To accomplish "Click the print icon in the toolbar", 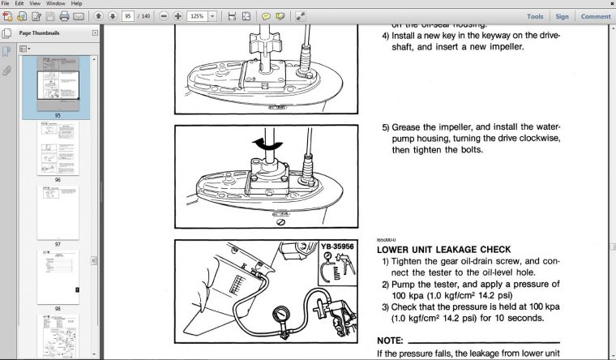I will coord(64,16).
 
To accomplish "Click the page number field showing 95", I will coord(128,16).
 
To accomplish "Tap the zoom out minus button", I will coord(165,16).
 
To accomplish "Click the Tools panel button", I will coord(535,16).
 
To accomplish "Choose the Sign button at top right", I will coord(561,16).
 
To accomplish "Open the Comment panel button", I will coord(595,16).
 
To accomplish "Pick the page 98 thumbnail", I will coord(58,275).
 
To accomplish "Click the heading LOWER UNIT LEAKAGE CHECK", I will coord(443,250).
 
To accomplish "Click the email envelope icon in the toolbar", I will coord(78,16).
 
